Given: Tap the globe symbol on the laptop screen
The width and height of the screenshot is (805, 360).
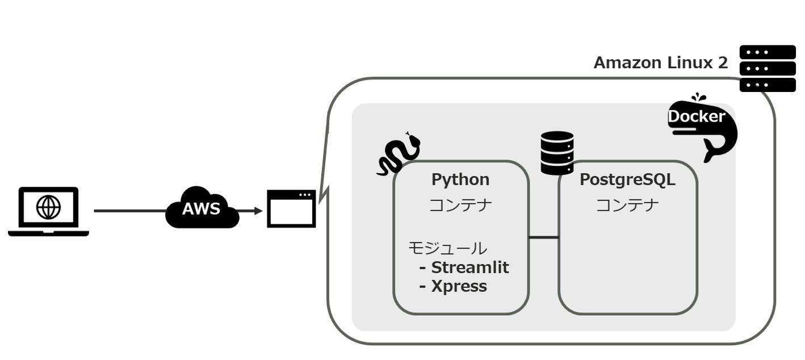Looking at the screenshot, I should click(48, 207).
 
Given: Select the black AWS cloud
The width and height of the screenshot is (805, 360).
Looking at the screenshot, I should click(202, 208).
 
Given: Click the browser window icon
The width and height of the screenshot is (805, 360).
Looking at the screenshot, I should click(291, 209).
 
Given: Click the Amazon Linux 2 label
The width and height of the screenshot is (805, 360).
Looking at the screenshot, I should click(660, 63).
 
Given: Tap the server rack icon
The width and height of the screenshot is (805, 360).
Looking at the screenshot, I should click(768, 68).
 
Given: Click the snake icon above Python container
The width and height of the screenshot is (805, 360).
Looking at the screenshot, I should click(399, 153).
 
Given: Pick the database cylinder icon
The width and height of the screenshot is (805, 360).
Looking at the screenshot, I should click(557, 153).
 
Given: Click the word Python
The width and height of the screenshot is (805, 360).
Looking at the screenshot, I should click(460, 179).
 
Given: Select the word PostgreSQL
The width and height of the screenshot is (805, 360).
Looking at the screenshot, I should click(627, 179).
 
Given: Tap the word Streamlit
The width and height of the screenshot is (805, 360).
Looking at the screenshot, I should click(470, 267).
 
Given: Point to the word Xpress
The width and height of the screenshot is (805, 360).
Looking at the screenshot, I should click(459, 286).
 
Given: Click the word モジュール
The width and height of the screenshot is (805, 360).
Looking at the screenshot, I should click(447, 248).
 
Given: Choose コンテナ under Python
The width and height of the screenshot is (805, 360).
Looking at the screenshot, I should click(460, 204).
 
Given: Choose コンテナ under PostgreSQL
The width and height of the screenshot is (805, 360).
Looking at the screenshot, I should click(627, 204).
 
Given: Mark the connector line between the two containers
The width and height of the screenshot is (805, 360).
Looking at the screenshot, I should click(543, 237).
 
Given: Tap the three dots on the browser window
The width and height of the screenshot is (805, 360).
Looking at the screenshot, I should click(305, 195).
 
